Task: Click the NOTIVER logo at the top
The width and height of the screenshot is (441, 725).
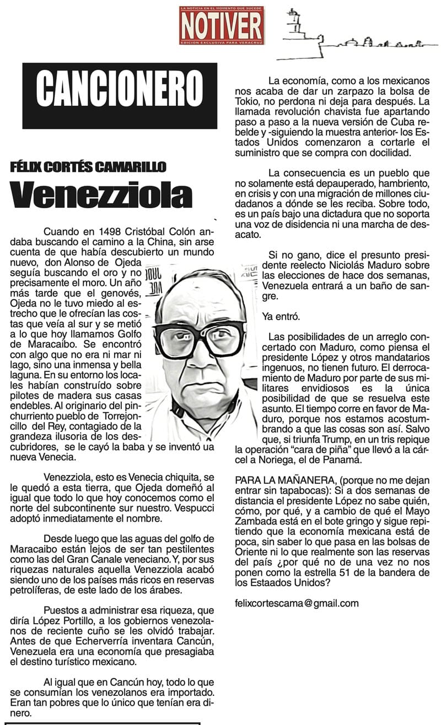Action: (x=221, y=25)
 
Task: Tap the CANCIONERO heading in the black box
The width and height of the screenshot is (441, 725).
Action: (x=120, y=88)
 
